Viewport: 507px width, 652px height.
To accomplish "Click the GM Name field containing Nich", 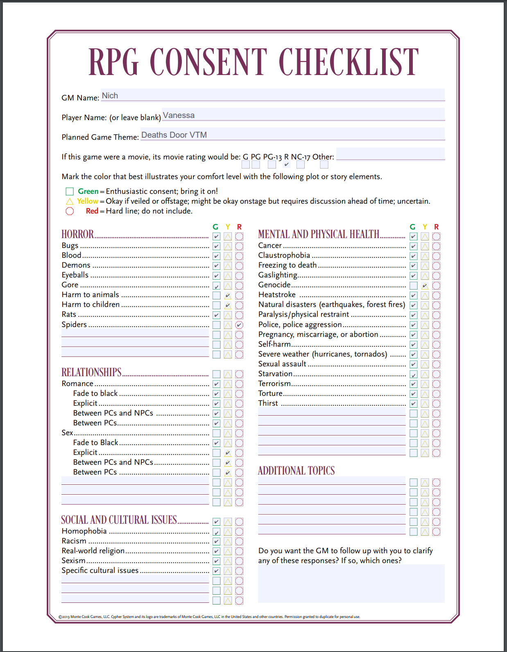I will click(x=273, y=95).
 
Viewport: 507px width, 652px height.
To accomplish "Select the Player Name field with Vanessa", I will click(x=303, y=115).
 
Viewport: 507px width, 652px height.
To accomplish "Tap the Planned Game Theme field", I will click(x=292, y=134).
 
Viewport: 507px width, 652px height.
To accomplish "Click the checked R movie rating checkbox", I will click(x=287, y=164).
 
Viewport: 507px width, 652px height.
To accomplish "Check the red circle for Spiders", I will click(x=240, y=325).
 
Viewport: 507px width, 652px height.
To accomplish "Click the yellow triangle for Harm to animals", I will click(x=228, y=295).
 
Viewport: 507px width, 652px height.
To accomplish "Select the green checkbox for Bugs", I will click(x=217, y=246).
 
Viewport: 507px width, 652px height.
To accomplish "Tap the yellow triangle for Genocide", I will click(x=425, y=286).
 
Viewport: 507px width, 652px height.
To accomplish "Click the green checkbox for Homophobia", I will click(x=217, y=532).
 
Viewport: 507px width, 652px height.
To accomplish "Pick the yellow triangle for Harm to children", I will click(x=228, y=305).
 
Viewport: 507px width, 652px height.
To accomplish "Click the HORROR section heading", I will click(x=78, y=234).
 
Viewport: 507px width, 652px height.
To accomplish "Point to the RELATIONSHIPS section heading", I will click(x=91, y=372).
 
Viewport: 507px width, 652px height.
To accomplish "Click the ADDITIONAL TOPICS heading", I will click(x=296, y=470).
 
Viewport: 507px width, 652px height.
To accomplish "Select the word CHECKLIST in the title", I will click(x=349, y=62).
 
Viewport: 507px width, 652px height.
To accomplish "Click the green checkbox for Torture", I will click(x=414, y=394).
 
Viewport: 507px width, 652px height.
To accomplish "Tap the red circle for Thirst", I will click(x=437, y=404).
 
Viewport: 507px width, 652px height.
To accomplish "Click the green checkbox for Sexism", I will click(x=217, y=561).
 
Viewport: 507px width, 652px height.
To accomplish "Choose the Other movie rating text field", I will click(x=390, y=154).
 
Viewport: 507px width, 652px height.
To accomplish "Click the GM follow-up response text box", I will click(x=351, y=584).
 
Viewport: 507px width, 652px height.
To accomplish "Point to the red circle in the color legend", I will click(x=70, y=211).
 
